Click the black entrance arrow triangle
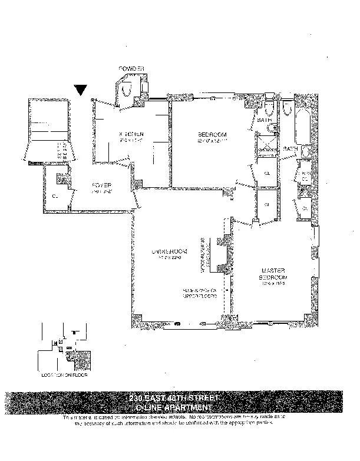coord(82,90)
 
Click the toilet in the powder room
coord(127,88)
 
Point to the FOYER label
coord(101,185)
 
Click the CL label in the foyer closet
coord(55,195)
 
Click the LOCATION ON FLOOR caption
coord(61,373)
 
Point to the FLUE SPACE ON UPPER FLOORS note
coord(202,293)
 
